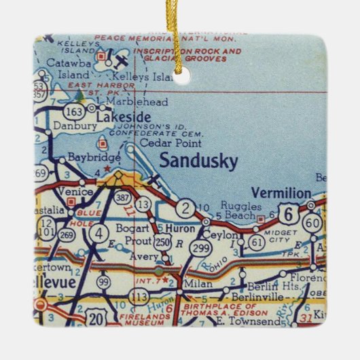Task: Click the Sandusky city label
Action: pyautogui.click(x=198, y=162)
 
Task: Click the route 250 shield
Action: pyautogui.click(x=163, y=242)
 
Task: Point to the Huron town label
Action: pyautogui.click(x=183, y=229)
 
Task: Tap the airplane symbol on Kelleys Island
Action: pyautogui.click(x=121, y=60)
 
